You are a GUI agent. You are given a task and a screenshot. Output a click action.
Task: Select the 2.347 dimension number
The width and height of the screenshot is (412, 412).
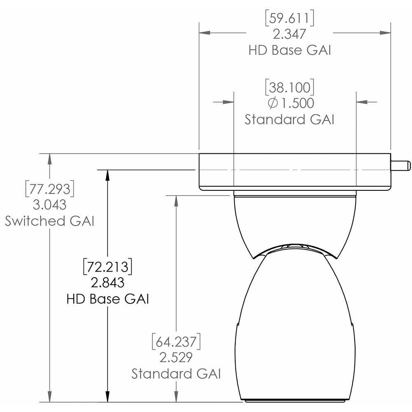290,34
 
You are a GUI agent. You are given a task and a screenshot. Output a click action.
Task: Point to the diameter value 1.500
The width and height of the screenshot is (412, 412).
295,103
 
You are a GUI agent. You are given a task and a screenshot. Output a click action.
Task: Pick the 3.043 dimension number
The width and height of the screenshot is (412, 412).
50,205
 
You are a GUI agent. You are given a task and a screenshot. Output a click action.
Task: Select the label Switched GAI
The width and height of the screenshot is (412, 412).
50,221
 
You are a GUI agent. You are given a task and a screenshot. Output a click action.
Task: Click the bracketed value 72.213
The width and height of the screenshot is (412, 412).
108,267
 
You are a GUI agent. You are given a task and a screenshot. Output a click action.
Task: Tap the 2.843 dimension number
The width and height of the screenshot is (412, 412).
108,283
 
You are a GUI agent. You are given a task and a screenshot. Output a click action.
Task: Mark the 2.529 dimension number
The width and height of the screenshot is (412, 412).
176,358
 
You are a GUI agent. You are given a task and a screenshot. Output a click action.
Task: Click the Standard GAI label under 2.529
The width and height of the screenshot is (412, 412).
176,374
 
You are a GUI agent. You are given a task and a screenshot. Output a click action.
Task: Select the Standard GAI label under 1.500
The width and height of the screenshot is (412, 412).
289,119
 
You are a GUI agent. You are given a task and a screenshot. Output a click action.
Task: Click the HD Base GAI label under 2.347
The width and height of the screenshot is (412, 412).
290,50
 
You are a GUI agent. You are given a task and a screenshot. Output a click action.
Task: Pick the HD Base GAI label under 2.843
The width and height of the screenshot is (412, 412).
108,299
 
